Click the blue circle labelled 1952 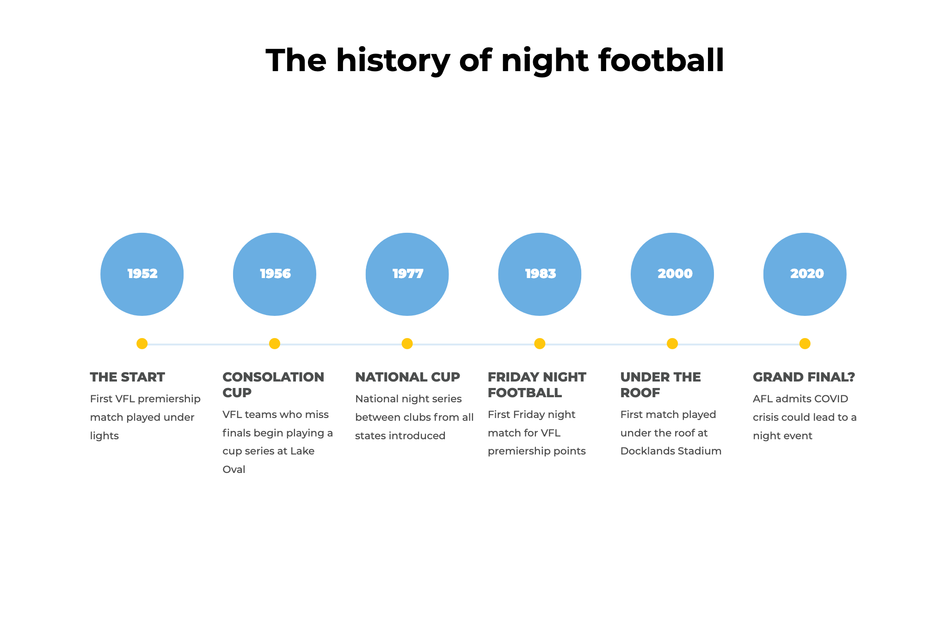point(142,274)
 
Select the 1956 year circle point(275,274)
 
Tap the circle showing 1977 point(407,274)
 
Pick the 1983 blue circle point(540,274)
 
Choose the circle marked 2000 point(672,274)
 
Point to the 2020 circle point(805,274)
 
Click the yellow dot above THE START point(142,344)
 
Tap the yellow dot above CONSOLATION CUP point(275,344)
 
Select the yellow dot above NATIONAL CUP point(407,344)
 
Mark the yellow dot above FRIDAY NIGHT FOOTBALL point(540,344)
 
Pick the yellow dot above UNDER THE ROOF point(672,344)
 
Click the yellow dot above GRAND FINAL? point(805,344)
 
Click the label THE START point(127,377)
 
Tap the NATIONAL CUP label point(407,377)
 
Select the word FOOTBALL point(525,393)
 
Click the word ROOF point(640,393)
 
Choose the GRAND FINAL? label point(804,377)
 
